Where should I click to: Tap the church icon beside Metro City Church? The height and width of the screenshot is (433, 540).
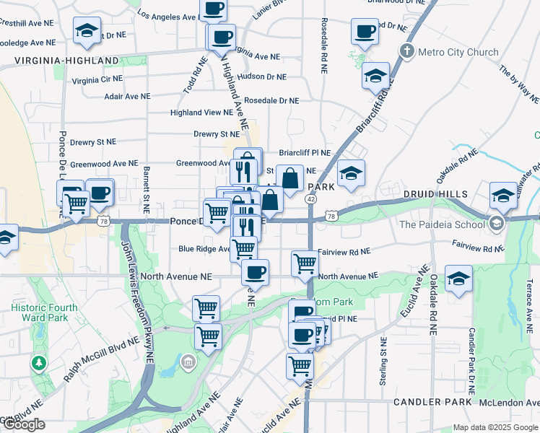pos(408,52)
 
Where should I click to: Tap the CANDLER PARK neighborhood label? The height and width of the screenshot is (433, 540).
pos(431,401)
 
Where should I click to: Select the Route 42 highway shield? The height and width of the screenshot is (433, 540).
pos(310,198)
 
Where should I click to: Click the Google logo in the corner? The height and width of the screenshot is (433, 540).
pos(23,424)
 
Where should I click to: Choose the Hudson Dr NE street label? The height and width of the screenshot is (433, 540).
pos(261,76)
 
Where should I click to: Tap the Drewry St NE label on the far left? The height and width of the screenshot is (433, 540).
pos(93,143)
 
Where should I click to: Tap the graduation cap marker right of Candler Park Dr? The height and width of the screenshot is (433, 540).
pos(458,278)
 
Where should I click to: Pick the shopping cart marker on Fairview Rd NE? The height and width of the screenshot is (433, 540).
pos(305,263)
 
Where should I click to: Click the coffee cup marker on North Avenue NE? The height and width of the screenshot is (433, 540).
pos(254,272)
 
